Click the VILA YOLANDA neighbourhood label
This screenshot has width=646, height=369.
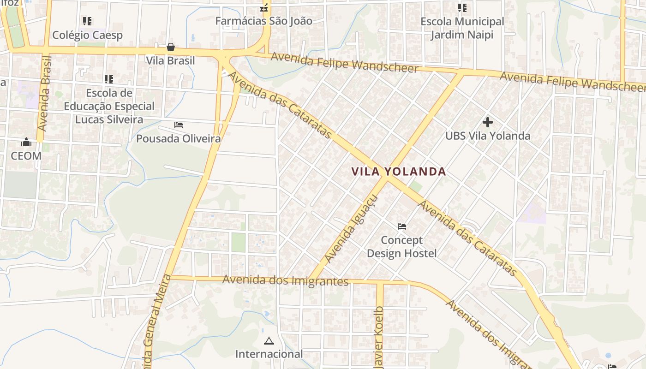tap(399, 172)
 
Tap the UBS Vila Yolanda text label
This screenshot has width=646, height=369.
tap(488, 136)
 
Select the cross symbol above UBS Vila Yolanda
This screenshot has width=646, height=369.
tap(488, 122)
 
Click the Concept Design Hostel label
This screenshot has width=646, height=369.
tap(401, 247)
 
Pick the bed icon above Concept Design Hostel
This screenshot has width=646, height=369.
tap(402, 226)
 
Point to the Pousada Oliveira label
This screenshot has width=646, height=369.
tap(178, 138)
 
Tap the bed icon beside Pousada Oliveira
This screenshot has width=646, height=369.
tap(179, 125)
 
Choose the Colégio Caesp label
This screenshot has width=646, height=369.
tap(87, 35)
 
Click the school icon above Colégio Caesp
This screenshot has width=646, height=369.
tap(87, 21)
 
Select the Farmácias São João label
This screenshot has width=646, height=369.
tap(264, 21)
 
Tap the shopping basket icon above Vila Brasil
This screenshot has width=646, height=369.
tap(171, 47)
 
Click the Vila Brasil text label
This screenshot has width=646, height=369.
tap(170, 60)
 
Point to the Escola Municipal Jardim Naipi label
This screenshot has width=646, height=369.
tap(462, 28)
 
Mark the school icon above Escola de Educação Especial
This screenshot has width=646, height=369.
tap(109, 79)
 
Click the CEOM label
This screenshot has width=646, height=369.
tap(26, 156)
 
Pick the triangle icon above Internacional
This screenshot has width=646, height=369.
tap(269, 341)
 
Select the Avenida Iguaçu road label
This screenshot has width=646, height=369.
tap(352, 229)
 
